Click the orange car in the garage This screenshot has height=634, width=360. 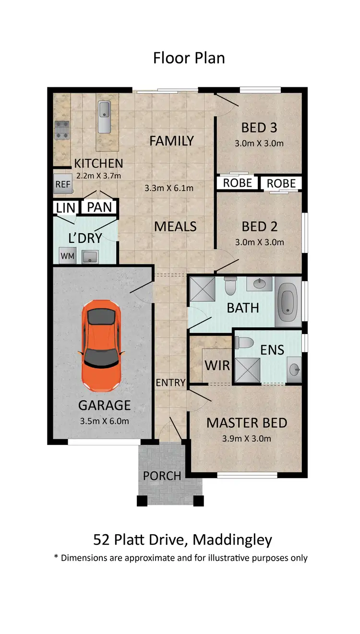pos(101,344)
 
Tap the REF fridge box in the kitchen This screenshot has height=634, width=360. pos(62,184)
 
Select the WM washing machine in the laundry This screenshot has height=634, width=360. pos(67,256)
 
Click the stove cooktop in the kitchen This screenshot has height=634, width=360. pos(61,130)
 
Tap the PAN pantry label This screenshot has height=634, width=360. pos(100,207)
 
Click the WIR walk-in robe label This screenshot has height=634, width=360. pos(217,365)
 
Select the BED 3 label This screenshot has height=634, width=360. pos(259,128)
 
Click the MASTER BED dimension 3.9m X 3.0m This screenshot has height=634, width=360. pos(247,438)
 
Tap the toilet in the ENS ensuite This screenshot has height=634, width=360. pos(246,343)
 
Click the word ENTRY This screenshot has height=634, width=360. pos(170,383)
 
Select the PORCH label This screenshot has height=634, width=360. pos(162,476)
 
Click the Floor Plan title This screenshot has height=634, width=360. pos(189,58)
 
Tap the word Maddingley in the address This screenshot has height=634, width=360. pos(232,540)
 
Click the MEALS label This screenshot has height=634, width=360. pos(175,226)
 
